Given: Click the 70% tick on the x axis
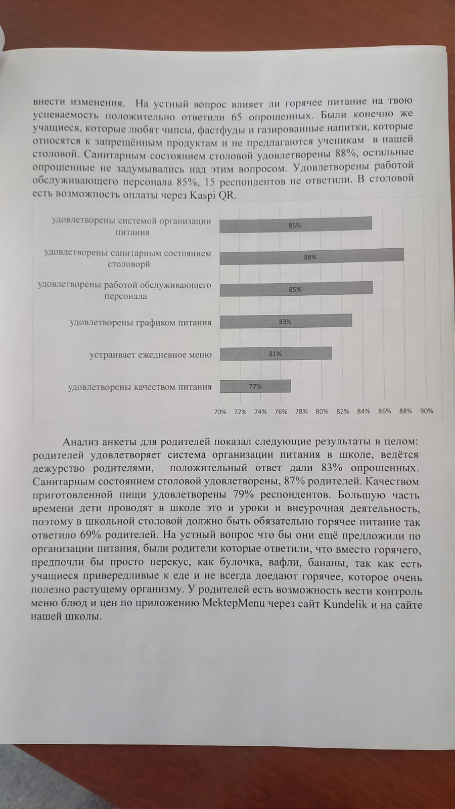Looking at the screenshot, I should (x=220, y=412).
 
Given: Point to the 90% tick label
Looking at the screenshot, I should (x=427, y=411).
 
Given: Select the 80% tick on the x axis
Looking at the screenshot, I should (x=322, y=411).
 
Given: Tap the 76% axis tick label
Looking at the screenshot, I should (x=281, y=412).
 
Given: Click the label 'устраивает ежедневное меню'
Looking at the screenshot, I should (x=151, y=354).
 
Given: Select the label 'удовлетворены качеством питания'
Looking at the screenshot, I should (x=140, y=387).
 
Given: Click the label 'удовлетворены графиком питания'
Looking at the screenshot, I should (x=141, y=323).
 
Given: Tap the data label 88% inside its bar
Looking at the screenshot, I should (x=310, y=257).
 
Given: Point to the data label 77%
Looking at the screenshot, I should (x=255, y=386).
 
